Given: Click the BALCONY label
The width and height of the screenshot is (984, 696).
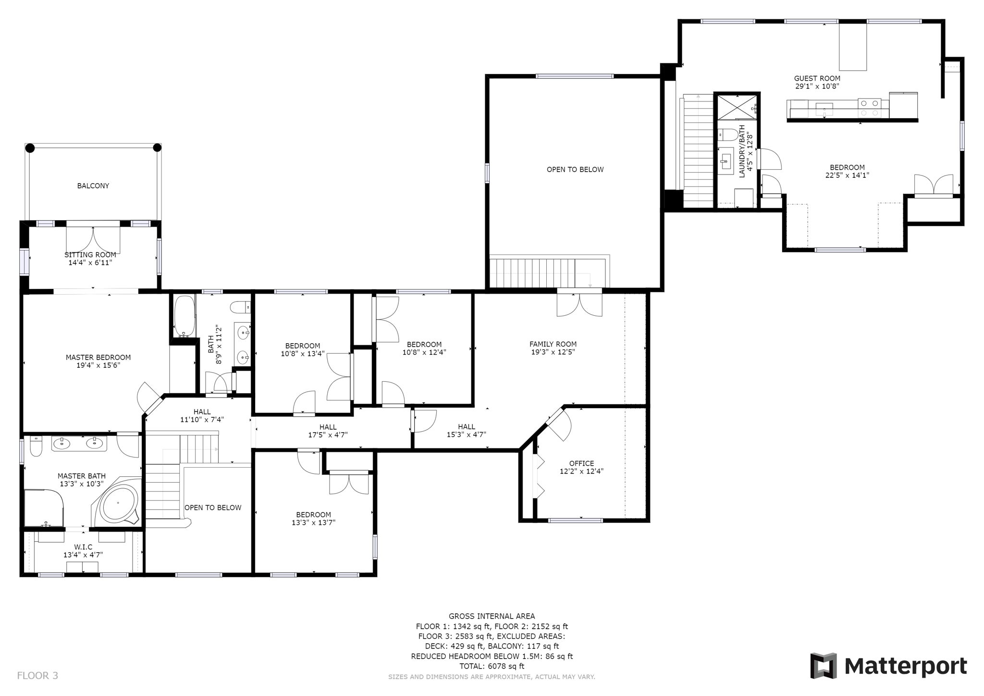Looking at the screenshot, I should tap(93, 186).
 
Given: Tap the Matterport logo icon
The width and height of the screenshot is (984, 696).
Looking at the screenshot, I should tap(824, 665).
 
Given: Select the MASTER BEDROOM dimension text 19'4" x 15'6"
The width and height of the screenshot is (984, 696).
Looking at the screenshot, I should tap(98, 365).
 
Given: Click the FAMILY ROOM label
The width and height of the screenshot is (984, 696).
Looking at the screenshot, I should tap(553, 344).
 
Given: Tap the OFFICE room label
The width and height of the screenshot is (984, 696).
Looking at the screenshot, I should tap(581, 463).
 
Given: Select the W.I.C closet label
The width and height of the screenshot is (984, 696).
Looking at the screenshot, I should tap(83, 547).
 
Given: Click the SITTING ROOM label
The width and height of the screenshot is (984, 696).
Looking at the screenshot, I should tap(90, 255).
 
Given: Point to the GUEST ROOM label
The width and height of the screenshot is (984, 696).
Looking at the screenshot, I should tap(817, 78).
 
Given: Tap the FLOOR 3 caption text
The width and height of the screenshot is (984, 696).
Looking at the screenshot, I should tap(37, 675).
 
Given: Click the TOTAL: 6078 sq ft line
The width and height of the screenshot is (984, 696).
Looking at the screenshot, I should tap(492, 666).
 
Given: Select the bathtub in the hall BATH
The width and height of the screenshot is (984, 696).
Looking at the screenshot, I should tap(184, 316).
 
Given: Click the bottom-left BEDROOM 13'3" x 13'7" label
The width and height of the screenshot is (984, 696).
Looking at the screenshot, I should tap(313, 514).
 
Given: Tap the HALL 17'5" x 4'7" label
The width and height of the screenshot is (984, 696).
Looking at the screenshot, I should tap(328, 427).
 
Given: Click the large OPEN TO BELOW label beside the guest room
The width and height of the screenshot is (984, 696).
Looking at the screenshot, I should tap(575, 169).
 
